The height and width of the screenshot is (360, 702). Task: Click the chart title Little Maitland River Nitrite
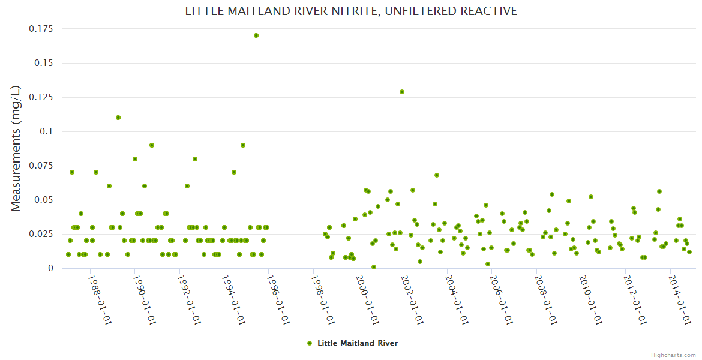pyautogui.click(x=351, y=11)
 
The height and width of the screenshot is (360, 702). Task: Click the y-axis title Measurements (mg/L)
pyautogui.click(x=16, y=148)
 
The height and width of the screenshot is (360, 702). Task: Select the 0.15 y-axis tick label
pyautogui.click(x=44, y=63)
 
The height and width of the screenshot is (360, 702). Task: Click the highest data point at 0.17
pyautogui.click(x=256, y=35)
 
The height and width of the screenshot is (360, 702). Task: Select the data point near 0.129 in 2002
pyautogui.click(x=402, y=92)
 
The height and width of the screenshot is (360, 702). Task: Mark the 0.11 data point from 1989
pyautogui.click(x=118, y=118)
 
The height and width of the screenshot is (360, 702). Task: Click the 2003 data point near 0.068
pyautogui.click(x=437, y=175)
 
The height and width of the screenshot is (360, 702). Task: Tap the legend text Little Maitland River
pyautogui.click(x=358, y=343)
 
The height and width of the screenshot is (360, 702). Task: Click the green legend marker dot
pyautogui.click(x=310, y=343)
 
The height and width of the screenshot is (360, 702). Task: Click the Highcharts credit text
pyautogui.click(x=673, y=355)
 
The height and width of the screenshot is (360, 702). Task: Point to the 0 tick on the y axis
pyautogui.click(x=50, y=268)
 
